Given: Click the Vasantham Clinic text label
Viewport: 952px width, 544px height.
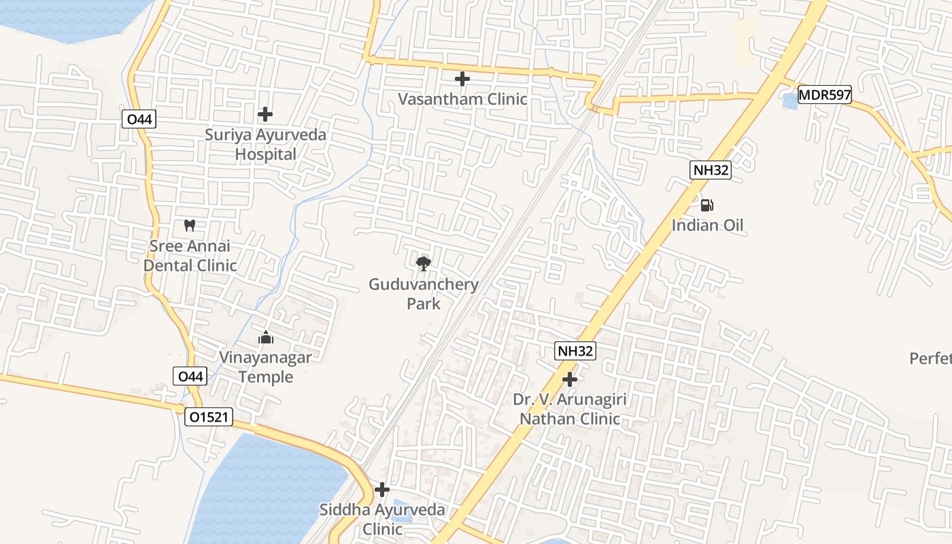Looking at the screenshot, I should coord(462,99).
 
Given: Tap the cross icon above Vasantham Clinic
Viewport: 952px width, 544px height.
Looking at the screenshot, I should coord(462,79).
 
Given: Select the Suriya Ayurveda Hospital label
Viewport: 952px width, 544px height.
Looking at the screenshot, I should coord(266,144).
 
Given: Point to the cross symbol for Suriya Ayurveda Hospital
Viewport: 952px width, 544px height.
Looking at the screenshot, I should coord(265,114).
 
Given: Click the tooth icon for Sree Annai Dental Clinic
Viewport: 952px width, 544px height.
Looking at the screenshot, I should coord(190,225).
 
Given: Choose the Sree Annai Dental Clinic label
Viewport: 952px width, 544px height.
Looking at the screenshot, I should coord(190,256).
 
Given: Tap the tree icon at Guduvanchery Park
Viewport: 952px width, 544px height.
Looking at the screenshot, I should coord(424,263).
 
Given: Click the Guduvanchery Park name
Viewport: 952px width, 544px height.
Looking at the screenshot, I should coord(424,294).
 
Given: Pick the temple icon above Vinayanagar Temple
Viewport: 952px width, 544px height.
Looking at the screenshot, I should coord(265,337).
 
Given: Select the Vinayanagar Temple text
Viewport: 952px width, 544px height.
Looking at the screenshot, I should coord(265,367).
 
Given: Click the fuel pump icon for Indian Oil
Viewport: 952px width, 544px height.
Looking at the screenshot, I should coord(707,205).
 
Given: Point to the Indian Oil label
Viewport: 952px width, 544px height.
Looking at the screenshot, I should coord(707,225).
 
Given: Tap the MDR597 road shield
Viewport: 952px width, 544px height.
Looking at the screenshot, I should coord(824,95).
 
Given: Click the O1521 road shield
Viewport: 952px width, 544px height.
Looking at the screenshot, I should coord(209,418).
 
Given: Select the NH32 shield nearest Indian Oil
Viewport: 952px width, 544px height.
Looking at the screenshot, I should coord(711,170).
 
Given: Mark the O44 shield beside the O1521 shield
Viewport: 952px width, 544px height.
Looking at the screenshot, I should coord(191,376).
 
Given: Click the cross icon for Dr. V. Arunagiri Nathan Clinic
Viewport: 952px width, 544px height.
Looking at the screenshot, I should coord(570,379).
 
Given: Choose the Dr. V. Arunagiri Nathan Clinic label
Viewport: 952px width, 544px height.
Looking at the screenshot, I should coord(570,409).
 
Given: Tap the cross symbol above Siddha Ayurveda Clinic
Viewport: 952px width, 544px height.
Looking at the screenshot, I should coord(382,490).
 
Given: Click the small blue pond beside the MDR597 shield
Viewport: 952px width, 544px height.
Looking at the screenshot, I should coord(789,102).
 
